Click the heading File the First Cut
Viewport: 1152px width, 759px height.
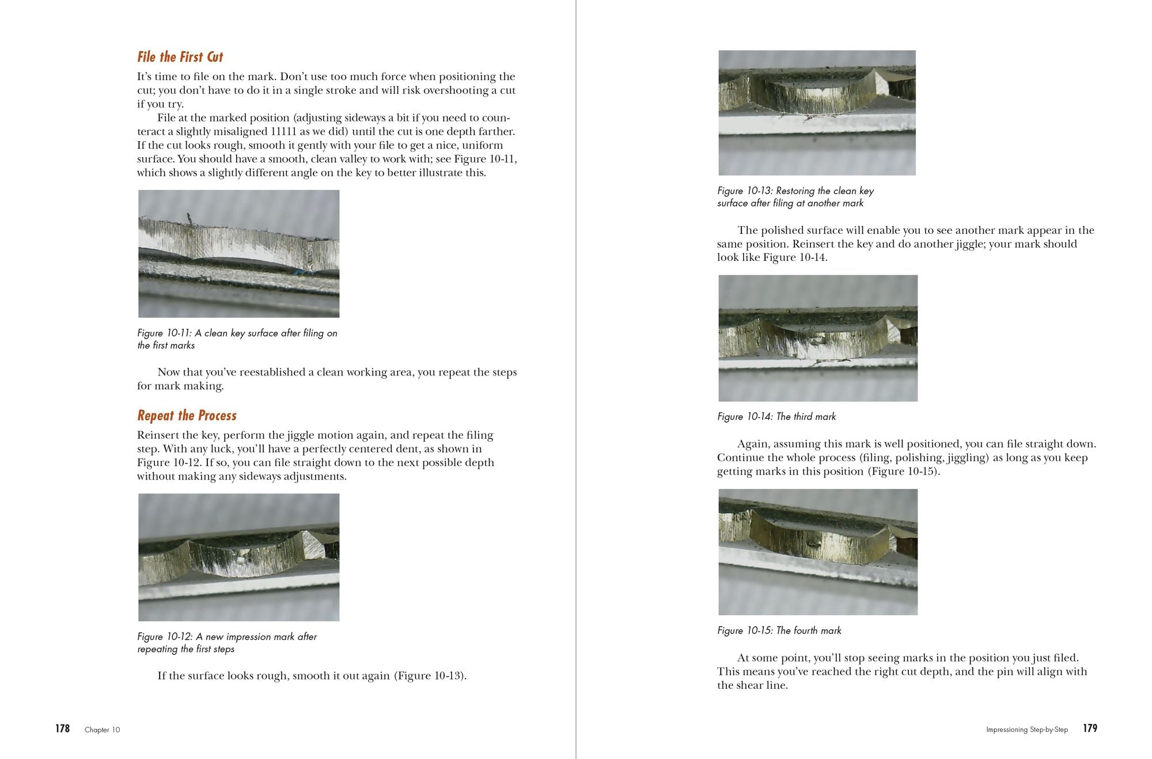coord(180,57)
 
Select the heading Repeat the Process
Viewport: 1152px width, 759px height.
coord(187,416)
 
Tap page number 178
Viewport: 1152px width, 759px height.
coord(62,728)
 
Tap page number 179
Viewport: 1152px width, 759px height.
coord(1090,728)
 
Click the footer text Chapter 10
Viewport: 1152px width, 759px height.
coord(103,730)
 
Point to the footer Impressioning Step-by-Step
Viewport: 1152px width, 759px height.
coord(1026,730)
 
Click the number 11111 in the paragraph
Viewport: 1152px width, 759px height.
coord(286,131)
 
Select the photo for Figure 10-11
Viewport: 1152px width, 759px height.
coord(238,253)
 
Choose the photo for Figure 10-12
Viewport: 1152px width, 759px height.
coord(238,557)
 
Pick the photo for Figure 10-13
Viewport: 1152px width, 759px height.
coord(817,113)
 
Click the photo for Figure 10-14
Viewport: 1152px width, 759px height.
coord(817,338)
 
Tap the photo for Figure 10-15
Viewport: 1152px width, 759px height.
coord(817,552)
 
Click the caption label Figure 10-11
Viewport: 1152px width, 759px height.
coord(164,333)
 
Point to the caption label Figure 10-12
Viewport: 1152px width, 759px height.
coord(164,636)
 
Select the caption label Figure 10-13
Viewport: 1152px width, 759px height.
coord(744,191)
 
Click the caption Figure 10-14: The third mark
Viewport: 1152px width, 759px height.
coord(776,416)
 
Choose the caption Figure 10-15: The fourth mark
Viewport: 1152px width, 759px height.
coord(779,631)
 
